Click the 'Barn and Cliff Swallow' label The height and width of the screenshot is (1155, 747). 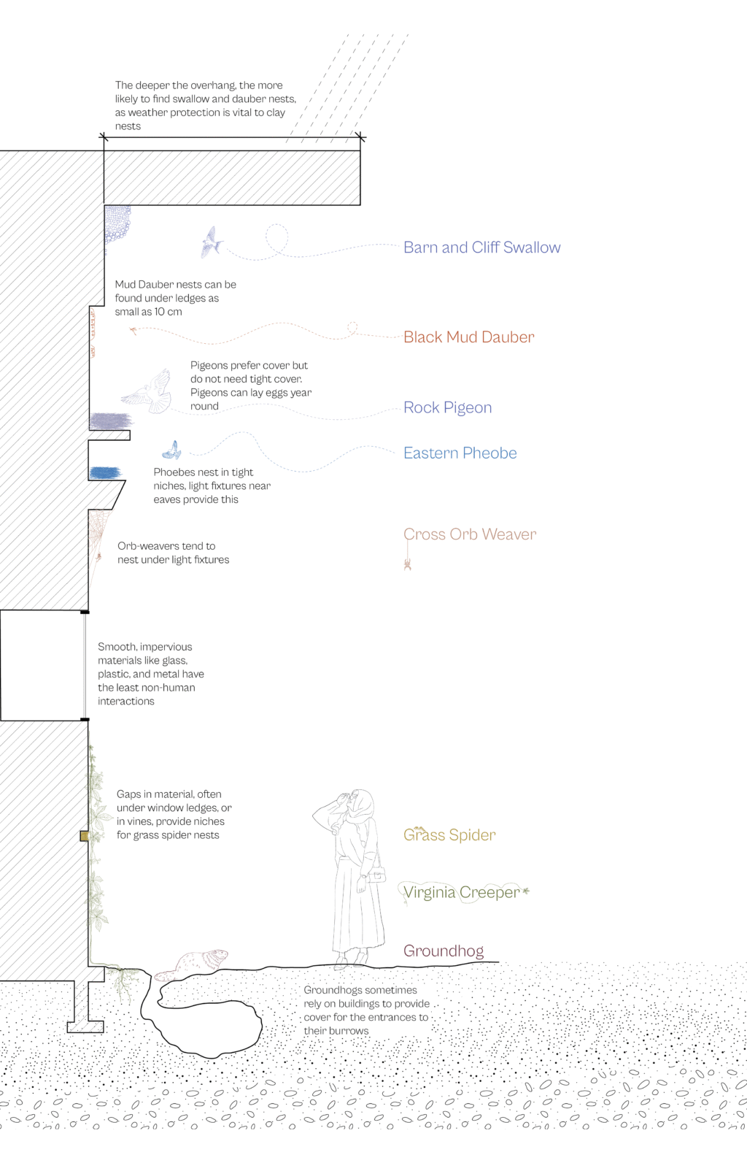(481, 247)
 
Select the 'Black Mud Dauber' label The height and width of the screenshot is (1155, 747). (468, 337)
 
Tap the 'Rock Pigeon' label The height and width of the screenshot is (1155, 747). (447, 407)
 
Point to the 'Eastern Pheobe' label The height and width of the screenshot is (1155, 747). (460, 453)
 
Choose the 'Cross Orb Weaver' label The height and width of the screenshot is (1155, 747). (470, 534)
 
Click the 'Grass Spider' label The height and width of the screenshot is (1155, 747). (449, 834)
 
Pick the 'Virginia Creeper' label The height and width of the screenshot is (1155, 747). (461, 892)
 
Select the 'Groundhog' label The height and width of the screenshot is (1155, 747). (444, 951)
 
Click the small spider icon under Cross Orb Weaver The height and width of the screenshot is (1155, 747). (408, 564)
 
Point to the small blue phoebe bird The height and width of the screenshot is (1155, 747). (172, 450)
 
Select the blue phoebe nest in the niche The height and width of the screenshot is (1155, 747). (104, 473)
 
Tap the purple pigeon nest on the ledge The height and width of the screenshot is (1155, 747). (110, 421)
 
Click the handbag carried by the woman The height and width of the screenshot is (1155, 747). (376, 875)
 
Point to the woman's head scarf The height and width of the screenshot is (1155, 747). (362, 806)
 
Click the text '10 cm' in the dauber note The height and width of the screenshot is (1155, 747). (168, 312)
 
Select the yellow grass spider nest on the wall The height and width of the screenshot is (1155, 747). (84, 835)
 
